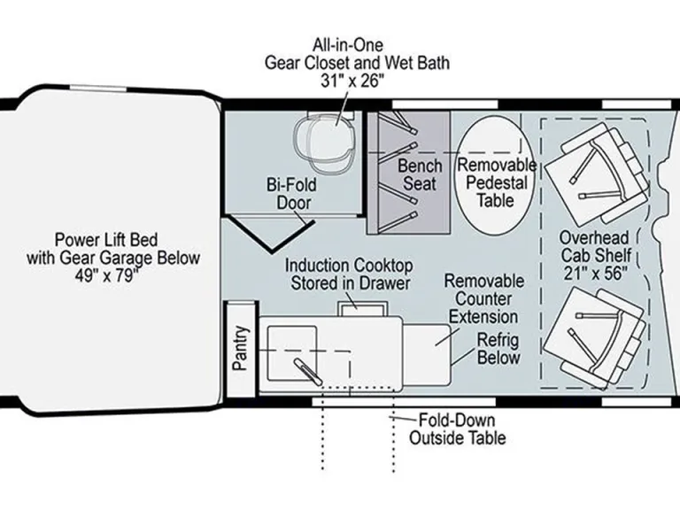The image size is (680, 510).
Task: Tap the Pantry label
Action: (x=241, y=348)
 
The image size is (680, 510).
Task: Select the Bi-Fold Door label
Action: (x=292, y=194)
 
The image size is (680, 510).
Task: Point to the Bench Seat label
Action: (x=420, y=174)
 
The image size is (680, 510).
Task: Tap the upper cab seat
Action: (x=597, y=171)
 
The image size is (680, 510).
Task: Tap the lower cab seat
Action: (x=594, y=338)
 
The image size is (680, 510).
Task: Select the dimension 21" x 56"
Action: (x=595, y=274)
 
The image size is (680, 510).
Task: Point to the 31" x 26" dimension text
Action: (x=352, y=81)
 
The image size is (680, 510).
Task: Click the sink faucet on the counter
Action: (x=308, y=372)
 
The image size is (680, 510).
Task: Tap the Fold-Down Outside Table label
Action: (x=458, y=429)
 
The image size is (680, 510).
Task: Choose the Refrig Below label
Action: (x=498, y=349)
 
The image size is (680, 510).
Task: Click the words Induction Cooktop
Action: (x=349, y=266)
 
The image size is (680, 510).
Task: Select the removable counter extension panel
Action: (x=427, y=354)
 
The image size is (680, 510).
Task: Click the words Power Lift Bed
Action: (x=106, y=240)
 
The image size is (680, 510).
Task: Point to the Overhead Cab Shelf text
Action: (x=595, y=246)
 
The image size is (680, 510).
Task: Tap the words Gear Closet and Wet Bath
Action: (x=357, y=63)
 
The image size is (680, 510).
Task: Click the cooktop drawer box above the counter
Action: (x=362, y=309)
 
